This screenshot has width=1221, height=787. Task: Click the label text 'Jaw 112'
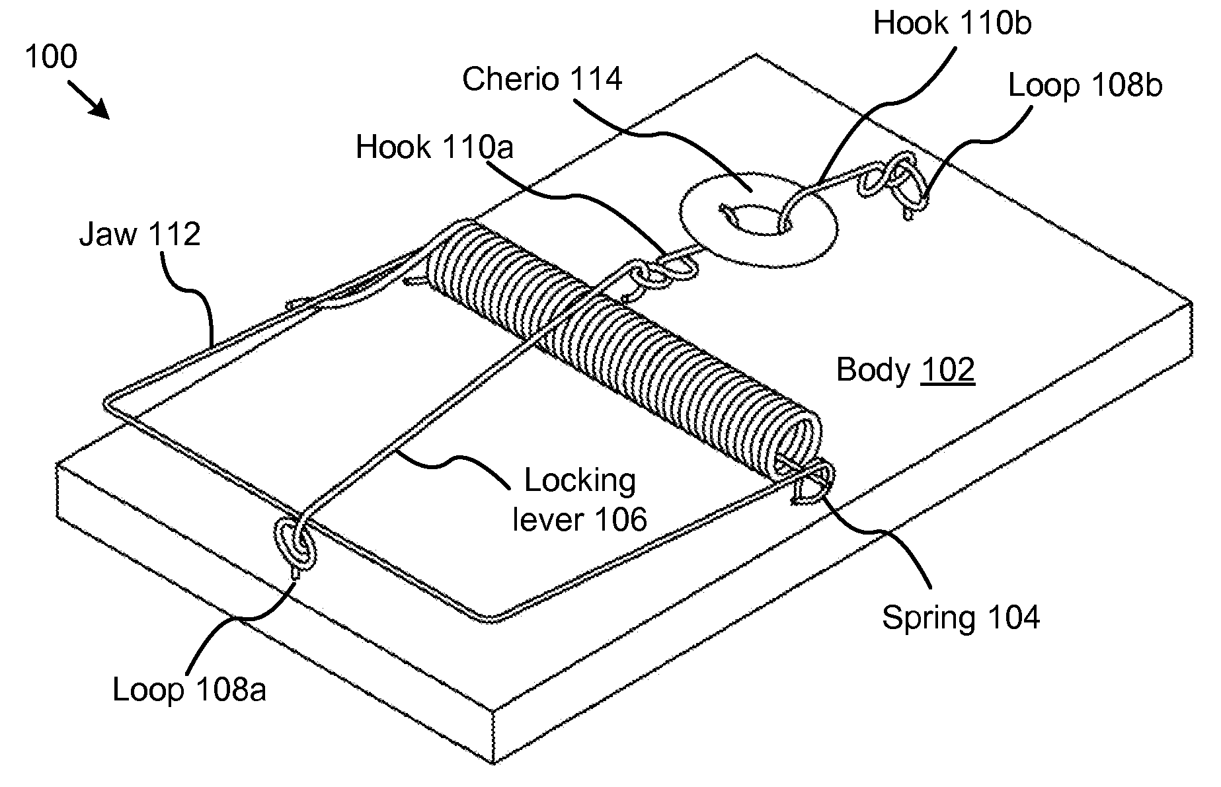tap(139, 235)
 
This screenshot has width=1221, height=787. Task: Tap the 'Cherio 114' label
tap(542, 79)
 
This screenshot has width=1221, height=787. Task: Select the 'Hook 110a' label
tap(434, 147)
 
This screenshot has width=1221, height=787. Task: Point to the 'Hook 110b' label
tap(952, 23)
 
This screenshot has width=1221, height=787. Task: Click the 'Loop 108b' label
tap(1085, 86)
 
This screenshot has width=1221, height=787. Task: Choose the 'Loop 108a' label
tap(190, 690)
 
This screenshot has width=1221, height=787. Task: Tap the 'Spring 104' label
tap(961, 618)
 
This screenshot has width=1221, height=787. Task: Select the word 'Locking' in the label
tap(580, 481)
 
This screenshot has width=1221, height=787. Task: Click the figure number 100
tap(51, 57)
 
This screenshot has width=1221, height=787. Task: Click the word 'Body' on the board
tap(873, 370)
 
